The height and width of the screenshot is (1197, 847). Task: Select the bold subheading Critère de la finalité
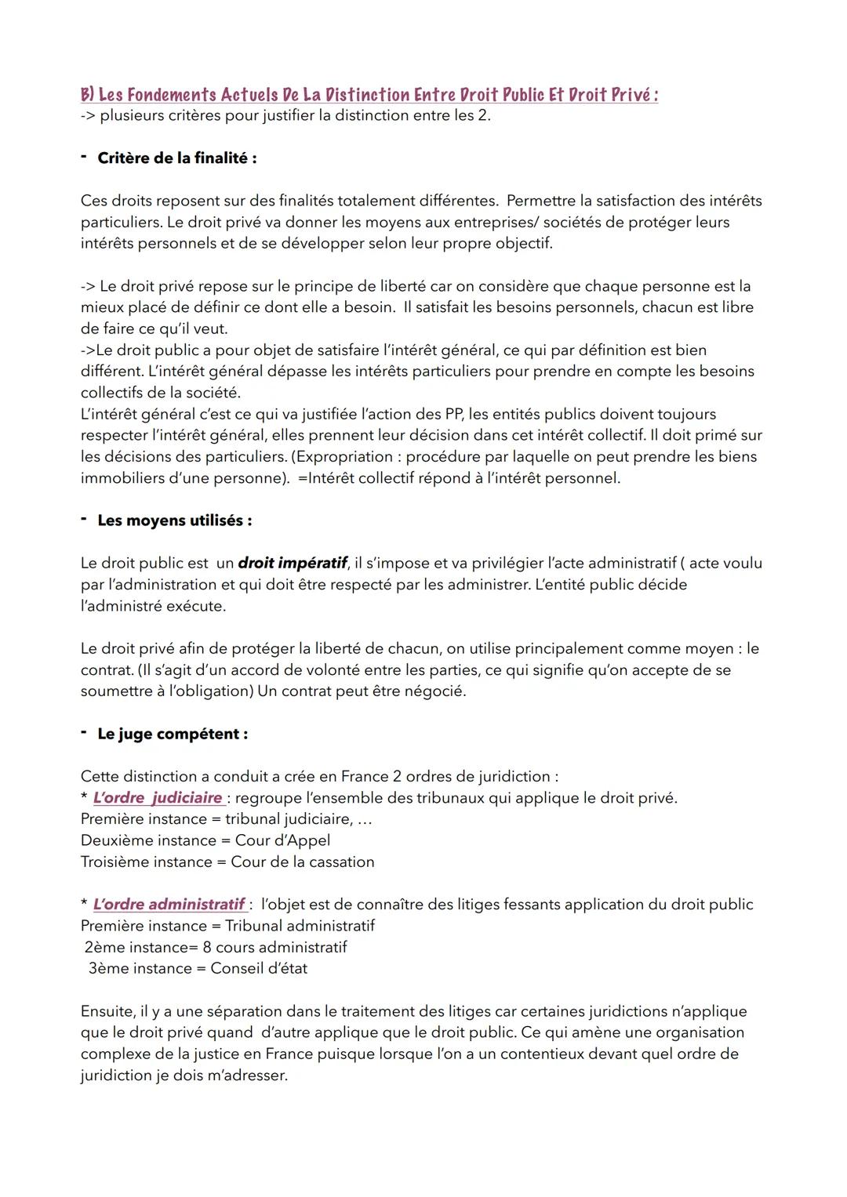pos(176,158)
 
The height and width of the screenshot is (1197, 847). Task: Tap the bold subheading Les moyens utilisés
pos(174,521)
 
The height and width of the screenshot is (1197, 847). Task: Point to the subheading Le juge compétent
pos(173,735)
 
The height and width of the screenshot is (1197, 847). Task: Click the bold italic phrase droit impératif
pos(292,564)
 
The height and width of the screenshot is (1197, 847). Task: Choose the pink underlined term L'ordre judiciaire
pos(157,798)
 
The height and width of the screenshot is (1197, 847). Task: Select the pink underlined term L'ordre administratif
pos(168,905)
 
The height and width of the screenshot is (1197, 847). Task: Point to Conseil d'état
pos(259,969)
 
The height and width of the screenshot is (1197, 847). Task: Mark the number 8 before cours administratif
pos(207,948)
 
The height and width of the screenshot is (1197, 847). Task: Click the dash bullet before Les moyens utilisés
pos(84,520)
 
